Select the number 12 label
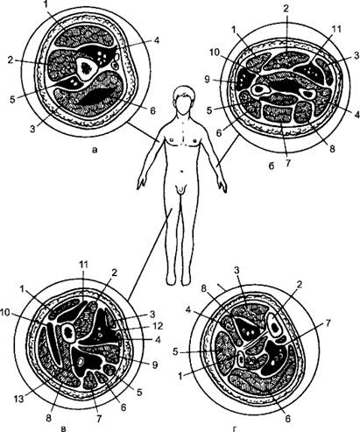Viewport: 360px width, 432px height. (157, 326)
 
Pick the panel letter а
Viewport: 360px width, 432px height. (94, 150)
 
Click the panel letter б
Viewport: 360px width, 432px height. (272, 166)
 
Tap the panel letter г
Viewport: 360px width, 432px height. (235, 428)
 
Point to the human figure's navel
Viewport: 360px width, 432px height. (182, 171)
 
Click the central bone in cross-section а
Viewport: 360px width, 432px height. (86, 68)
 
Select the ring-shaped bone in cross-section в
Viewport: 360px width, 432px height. (69, 332)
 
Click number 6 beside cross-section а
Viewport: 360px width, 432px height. (153, 110)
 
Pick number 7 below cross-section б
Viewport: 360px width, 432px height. (287, 162)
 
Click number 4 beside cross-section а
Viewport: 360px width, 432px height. (156, 40)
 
